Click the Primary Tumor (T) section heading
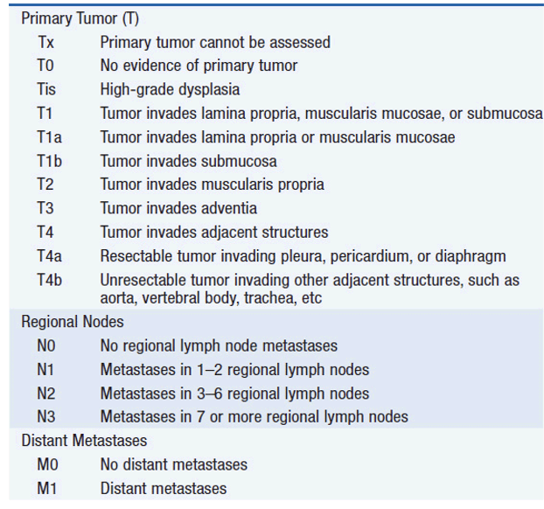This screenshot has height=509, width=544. [x=80, y=17]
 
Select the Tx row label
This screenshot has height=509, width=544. [x=45, y=42]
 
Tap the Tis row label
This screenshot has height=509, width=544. [x=46, y=89]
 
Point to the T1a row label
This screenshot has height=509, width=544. [x=49, y=137]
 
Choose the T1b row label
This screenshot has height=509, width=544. [x=49, y=161]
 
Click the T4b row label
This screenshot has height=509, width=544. [x=49, y=280]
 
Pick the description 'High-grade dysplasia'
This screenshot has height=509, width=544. [x=170, y=89]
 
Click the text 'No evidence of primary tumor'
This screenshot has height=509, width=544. [x=199, y=66]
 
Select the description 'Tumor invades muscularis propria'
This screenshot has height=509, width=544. [x=212, y=185]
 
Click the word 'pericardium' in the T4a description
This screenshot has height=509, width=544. [x=368, y=256]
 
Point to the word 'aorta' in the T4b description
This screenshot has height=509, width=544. [x=118, y=297]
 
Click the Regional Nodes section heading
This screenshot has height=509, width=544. [x=73, y=322]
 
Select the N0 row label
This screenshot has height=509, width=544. [x=46, y=345]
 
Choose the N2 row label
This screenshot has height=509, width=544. [x=46, y=393]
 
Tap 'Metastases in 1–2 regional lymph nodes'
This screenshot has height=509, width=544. [x=234, y=369]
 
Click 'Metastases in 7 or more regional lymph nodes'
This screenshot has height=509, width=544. [x=254, y=416]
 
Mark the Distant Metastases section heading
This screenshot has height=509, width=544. [x=84, y=441]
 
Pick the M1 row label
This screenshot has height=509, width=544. [x=46, y=488]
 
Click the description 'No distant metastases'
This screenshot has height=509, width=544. [x=173, y=464]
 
